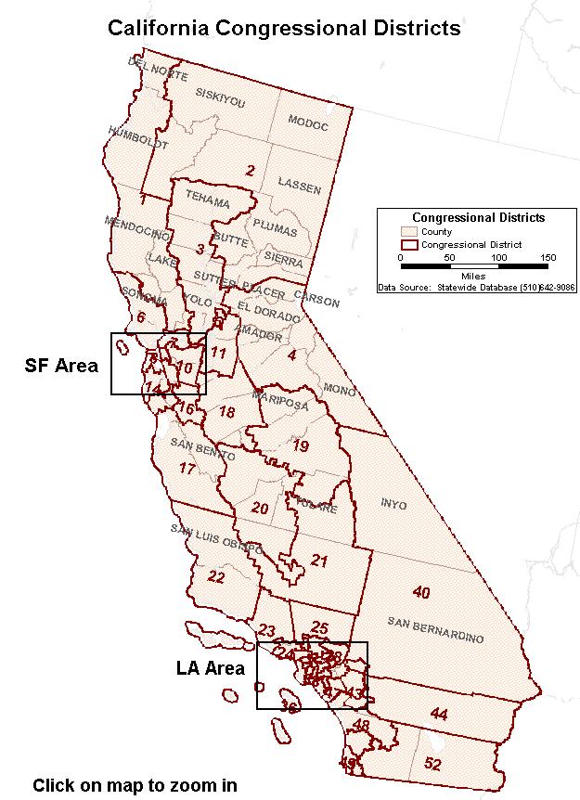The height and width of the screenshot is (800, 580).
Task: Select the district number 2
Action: coord(250,170)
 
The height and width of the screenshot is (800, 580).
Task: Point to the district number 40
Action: coord(421,592)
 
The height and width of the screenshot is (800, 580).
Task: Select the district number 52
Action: coord(432,764)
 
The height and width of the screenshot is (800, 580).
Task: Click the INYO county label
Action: coord(394,504)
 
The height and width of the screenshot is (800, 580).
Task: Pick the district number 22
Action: coord(215,577)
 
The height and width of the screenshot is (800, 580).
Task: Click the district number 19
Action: coord(301,446)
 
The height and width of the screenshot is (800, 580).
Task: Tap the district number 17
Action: coord(187,469)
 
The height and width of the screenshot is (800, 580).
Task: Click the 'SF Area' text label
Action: coord(61,366)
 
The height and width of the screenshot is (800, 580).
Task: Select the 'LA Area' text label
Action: coord(211,668)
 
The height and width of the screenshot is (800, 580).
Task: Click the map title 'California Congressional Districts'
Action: coord(284,28)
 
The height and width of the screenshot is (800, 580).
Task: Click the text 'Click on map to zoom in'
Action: coord(135,785)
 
